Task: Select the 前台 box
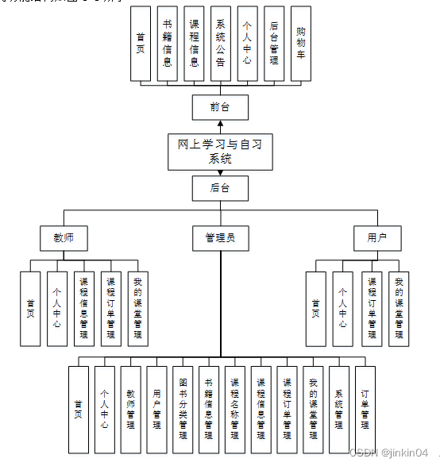[220, 107]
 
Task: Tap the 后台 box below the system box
[220, 188]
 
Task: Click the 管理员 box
[220, 237]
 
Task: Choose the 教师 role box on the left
[64, 237]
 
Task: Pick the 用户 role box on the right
[377, 237]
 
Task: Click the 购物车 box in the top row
[300, 44]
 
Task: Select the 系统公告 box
[220, 44]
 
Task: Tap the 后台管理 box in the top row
[273, 44]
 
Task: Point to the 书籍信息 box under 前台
[167, 44]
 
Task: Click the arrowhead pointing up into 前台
[220, 125]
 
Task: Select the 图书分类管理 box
[183, 409]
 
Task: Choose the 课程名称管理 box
[235, 409]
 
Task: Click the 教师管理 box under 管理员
[130, 409]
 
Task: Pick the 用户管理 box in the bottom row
[156, 409]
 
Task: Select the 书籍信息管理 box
[209, 409]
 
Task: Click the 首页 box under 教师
[30, 309]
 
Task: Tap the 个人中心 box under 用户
[343, 309]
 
